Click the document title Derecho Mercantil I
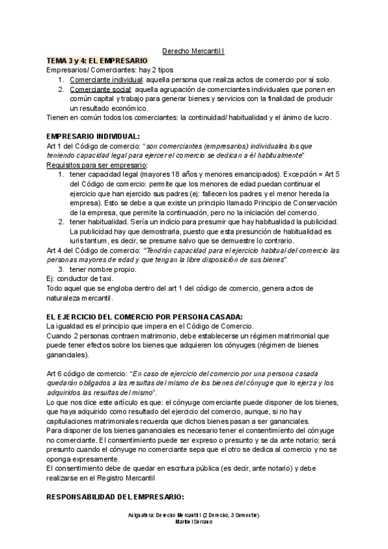pos(193,50)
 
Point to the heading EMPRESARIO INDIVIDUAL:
pos(93,137)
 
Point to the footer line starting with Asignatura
pos(194,514)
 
